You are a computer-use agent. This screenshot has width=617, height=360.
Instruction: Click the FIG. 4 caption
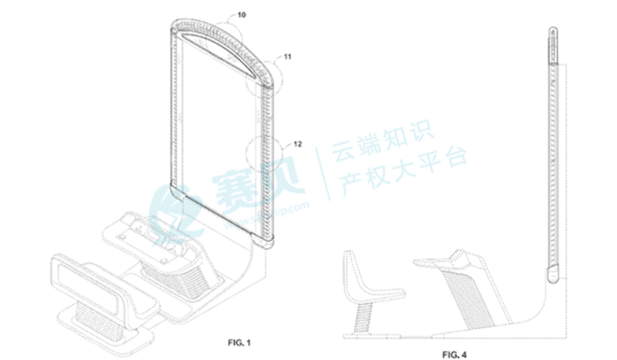click(457, 353)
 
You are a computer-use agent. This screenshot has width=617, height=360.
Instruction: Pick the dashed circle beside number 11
click(262, 84)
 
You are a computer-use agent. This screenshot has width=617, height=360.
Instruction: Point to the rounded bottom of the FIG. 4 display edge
click(554, 273)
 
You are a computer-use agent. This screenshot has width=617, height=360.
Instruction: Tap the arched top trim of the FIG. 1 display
click(221, 29)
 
